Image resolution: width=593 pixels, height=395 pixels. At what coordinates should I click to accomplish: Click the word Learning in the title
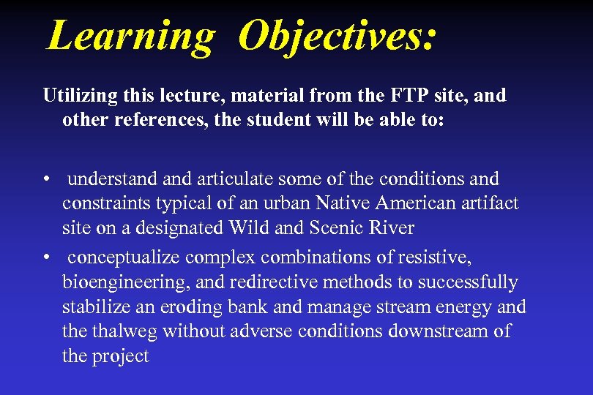point(130,35)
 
